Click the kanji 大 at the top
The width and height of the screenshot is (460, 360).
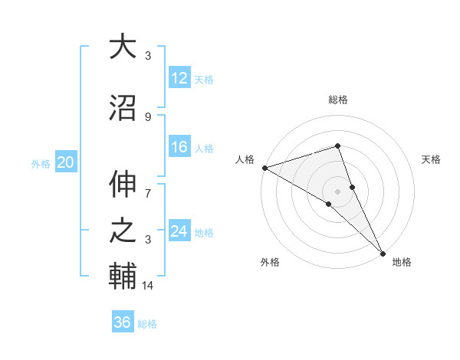[x=123, y=47]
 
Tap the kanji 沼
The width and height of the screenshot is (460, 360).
[x=123, y=108]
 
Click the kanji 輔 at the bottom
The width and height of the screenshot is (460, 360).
[x=123, y=277]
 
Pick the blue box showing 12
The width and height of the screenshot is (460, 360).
[x=179, y=78]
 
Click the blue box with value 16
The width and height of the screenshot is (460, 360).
[x=179, y=147]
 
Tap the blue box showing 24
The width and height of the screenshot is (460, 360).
[x=179, y=231]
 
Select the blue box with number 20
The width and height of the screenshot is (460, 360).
[x=66, y=162]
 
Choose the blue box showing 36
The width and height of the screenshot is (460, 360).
[x=123, y=322]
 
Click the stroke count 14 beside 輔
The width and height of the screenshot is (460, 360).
[x=149, y=286]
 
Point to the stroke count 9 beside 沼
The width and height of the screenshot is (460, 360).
[x=148, y=116]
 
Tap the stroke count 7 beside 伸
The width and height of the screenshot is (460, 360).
[x=148, y=185]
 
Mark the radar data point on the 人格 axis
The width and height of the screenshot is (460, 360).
[x=264, y=168]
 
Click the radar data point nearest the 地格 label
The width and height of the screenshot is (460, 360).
[x=382, y=252]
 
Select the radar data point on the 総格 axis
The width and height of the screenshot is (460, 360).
[x=337, y=146]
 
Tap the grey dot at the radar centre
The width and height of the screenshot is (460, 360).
[x=337, y=191]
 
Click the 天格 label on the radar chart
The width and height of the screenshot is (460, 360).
[x=431, y=159]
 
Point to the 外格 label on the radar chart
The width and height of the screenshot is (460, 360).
[x=270, y=262]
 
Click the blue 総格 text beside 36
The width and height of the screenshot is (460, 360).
[x=147, y=324]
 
